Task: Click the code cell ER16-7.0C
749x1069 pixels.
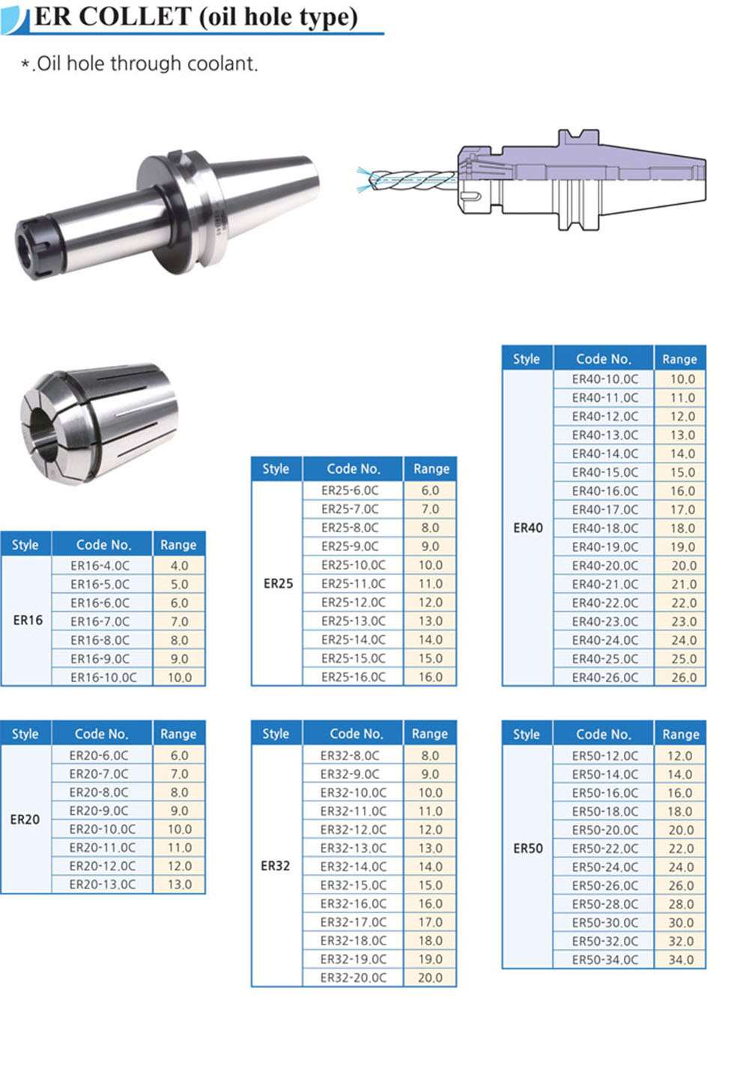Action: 100,621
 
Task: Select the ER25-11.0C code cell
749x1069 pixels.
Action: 354,584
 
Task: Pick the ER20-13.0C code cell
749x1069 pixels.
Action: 102,885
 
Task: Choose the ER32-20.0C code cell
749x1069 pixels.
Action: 354,978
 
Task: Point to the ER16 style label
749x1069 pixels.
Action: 28,621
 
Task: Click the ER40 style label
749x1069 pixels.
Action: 528,528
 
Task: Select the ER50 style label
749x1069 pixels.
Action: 528,848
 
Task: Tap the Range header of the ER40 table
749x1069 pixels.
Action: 679,359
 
